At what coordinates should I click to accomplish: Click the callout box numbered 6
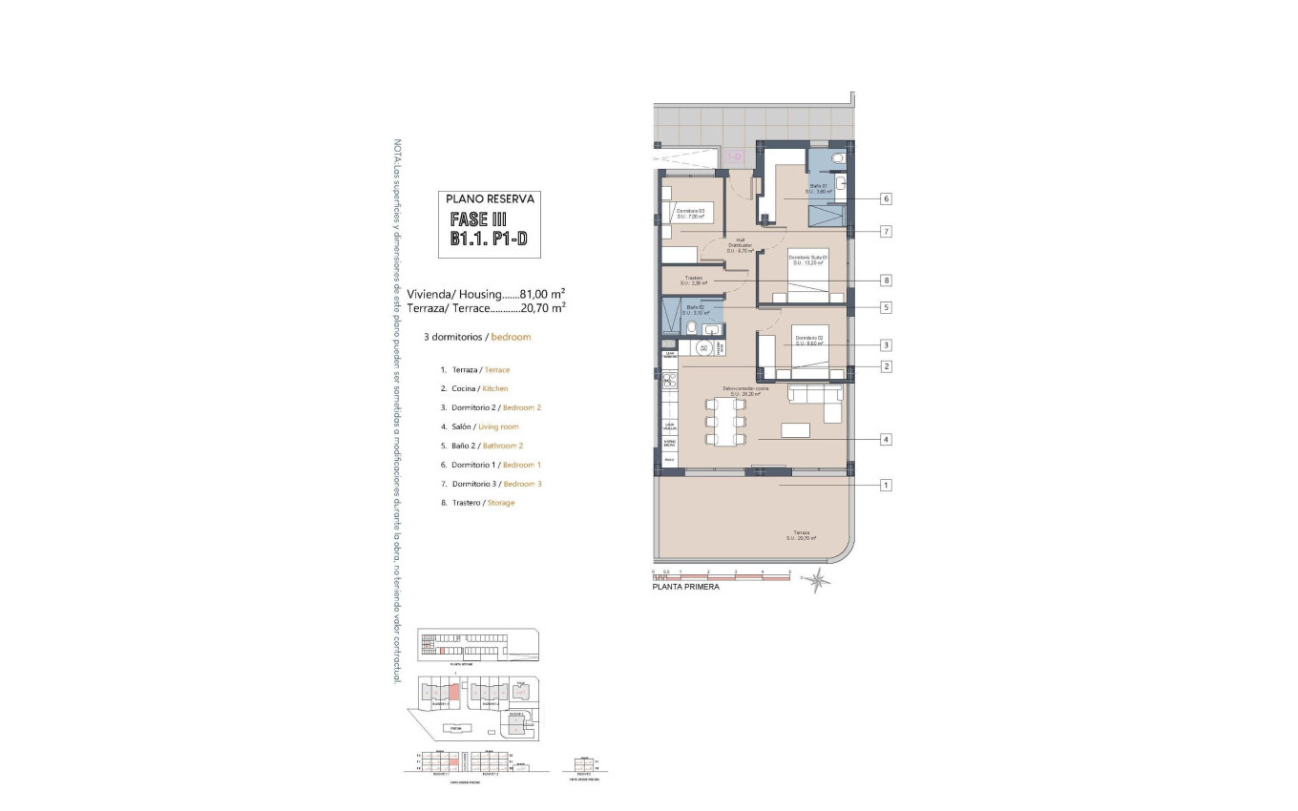point(887,198)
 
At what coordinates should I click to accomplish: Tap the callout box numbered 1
point(887,485)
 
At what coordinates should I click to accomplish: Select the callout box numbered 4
point(887,439)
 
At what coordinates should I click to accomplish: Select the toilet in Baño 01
point(837,159)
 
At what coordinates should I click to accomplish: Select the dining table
point(724,421)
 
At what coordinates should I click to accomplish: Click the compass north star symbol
point(816,578)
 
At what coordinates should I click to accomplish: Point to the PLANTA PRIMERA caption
point(685,588)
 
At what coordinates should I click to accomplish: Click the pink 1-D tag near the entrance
point(735,156)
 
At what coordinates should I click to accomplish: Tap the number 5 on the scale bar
point(790,572)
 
